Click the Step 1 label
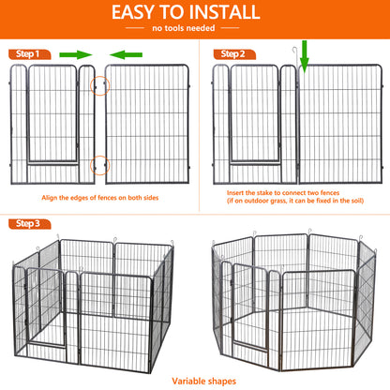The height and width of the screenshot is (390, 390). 26,54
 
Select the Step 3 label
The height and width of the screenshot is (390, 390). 26,223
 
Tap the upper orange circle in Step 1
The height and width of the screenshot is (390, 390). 99,85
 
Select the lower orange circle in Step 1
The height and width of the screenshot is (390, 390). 99,166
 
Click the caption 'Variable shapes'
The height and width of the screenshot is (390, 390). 195,381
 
